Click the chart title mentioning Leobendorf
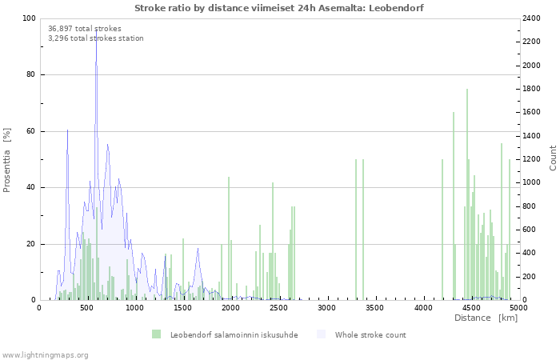[x=279, y=8]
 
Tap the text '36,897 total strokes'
[x=85, y=29]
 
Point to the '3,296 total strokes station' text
[x=96, y=38]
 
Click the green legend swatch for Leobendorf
[x=157, y=334]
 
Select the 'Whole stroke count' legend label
[x=370, y=334]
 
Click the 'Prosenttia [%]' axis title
[x=6, y=160]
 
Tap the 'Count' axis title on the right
[x=553, y=158]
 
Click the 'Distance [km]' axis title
[x=486, y=318]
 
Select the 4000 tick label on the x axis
[x=423, y=308]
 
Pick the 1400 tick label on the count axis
[x=531, y=136]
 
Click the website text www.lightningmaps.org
[x=45, y=355]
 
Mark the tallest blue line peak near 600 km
[x=97, y=30]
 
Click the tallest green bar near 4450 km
[x=466, y=194]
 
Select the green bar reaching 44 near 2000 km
[x=229, y=238]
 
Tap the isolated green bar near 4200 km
[x=442, y=230]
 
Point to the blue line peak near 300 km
[x=67, y=130]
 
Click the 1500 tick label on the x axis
[x=182, y=308]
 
